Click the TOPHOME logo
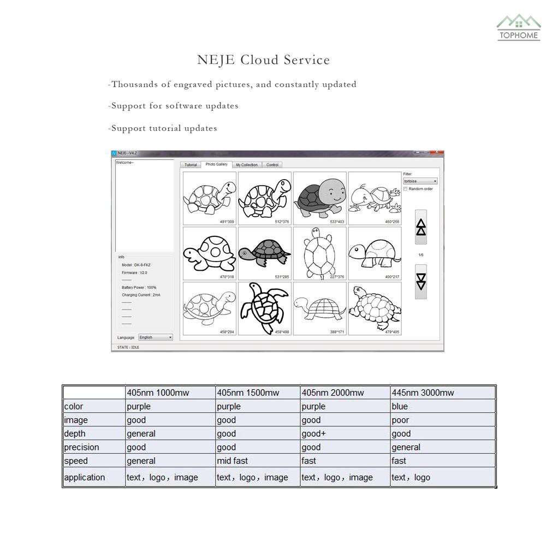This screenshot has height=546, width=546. [x=518, y=28]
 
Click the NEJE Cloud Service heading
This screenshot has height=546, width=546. [x=263, y=60]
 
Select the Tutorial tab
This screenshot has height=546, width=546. [x=191, y=165]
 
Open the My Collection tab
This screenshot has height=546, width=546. [x=247, y=165]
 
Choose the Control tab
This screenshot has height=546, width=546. [x=272, y=165]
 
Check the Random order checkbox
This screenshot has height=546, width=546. [x=406, y=189]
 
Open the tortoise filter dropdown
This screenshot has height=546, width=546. [x=420, y=181]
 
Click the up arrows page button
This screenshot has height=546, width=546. [x=421, y=227]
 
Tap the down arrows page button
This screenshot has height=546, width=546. [x=421, y=282]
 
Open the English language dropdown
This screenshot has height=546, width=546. [x=156, y=337]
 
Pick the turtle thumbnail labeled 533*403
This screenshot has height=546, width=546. [x=320, y=198]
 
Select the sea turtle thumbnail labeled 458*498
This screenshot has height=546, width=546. [x=264, y=308]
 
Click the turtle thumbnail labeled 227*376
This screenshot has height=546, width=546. [x=320, y=253]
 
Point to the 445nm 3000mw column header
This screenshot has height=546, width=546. [x=423, y=393]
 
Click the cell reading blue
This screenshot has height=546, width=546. [x=400, y=406]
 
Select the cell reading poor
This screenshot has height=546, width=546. [x=400, y=420]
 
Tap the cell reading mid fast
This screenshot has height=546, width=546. [x=232, y=461]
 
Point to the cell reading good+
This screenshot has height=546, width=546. [x=313, y=434]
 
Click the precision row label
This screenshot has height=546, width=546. [x=82, y=447]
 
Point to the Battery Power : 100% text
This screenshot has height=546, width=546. [x=139, y=287]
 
